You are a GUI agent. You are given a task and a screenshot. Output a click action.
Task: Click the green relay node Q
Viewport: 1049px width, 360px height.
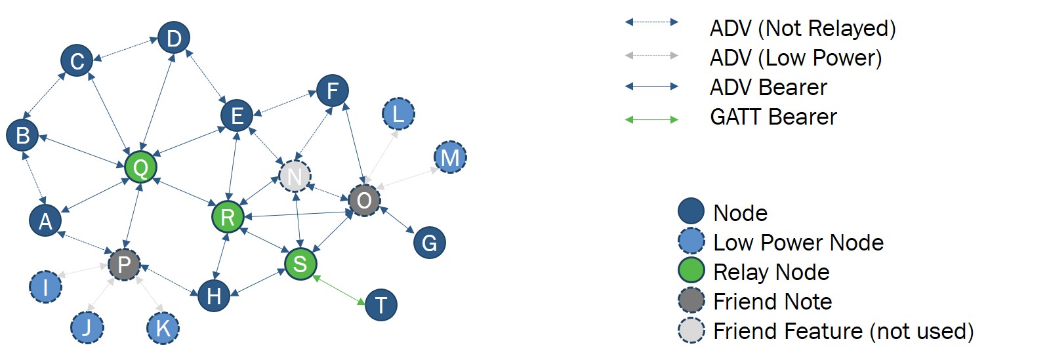click(x=140, y=167)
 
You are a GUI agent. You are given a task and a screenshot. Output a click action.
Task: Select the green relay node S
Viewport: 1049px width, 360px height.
click(x=300, y=264)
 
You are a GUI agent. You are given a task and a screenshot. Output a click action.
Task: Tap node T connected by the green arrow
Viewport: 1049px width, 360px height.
click(x=381, y=305)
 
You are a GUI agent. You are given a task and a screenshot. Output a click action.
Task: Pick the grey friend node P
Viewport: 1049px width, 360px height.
click(x=124, y=265)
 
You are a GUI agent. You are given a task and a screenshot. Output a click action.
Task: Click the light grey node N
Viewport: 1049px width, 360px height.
click(x=295, y=176)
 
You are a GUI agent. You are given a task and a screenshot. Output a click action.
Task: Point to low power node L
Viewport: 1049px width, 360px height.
click(x=398, y=114)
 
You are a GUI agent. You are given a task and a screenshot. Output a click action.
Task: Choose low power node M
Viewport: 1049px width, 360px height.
click(x=450, y=157)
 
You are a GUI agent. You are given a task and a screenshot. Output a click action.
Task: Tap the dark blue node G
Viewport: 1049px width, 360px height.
click(x=430, y=243)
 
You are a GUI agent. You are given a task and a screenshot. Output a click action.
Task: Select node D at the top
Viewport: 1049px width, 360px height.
click(x=174, y=38)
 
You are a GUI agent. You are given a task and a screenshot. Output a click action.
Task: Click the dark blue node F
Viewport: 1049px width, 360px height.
click(x=333, y=90)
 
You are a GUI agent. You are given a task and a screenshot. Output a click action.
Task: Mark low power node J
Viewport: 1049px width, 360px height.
click(x=87, y=327)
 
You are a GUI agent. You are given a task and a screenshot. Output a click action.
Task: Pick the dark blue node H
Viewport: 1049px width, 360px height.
click(x=214, y=296)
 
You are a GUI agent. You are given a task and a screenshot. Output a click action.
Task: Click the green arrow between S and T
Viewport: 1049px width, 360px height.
click(x=339, y=290)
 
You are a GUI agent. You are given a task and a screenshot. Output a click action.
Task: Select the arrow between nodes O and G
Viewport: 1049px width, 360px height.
click(x=398, y=220)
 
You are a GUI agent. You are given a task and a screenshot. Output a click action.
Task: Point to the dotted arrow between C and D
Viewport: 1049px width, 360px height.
click(x=125, y=49)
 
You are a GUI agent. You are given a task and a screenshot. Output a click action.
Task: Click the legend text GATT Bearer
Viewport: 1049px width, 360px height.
click(x=773, y=117)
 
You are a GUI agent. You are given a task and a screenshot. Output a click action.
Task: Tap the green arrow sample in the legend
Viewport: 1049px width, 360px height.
click(x=651, y=119)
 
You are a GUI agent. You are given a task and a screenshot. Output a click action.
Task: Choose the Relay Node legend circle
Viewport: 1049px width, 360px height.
click(x=691, y=271)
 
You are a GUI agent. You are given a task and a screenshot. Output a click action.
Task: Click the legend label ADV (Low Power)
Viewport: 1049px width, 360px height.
click(x=795, y=58)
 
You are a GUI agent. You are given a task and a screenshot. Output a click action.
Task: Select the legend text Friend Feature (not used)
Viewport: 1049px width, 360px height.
click(x=843, y=331)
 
